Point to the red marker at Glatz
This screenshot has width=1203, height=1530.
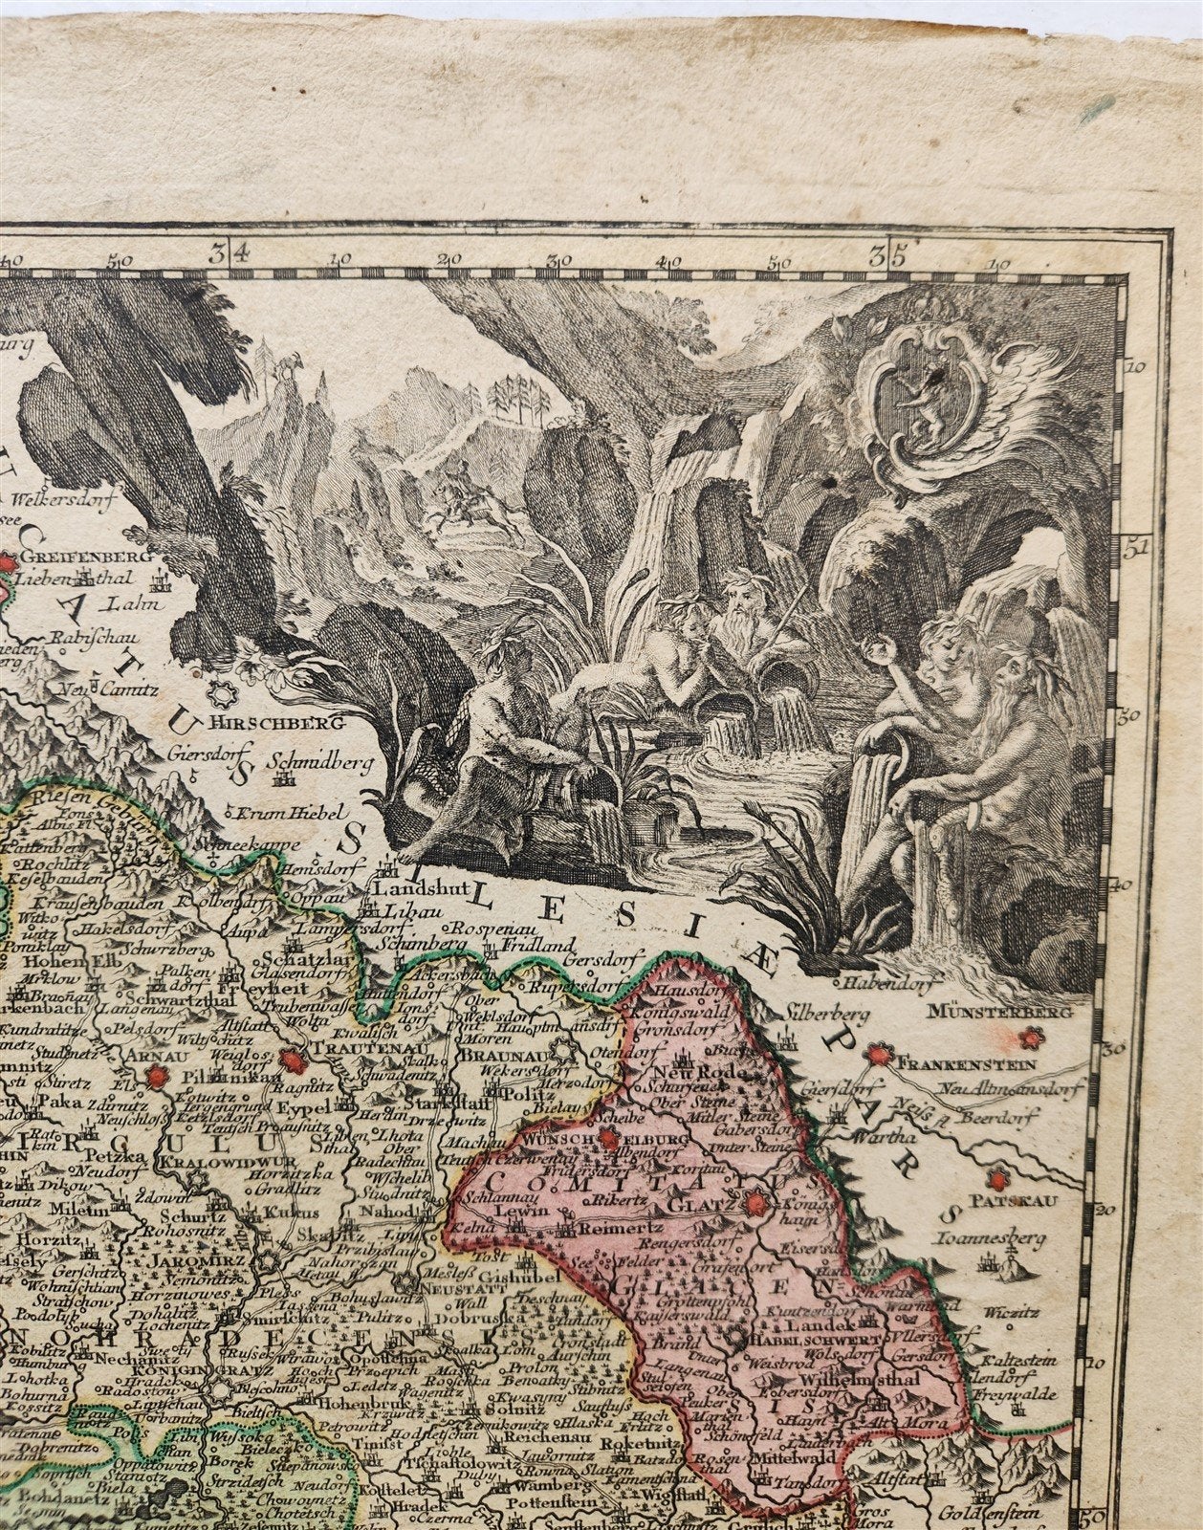click(756, 1202)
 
